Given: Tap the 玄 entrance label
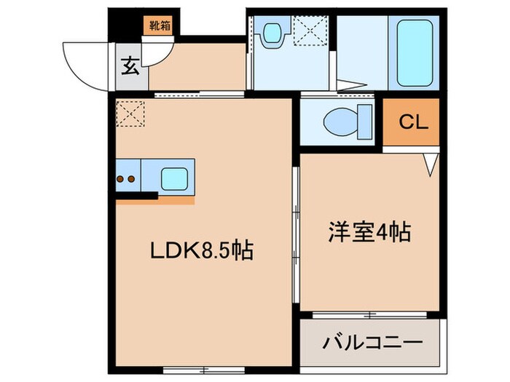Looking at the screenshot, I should click(x=129, y=66).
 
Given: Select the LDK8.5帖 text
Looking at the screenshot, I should click(x=202, y=252).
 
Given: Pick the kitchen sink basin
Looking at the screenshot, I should click(x=173, y=177).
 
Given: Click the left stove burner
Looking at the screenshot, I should click(x=121, y=178).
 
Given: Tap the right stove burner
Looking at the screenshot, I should click(x=133, y=178).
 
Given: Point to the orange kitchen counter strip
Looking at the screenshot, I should click(x=154, y=202).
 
